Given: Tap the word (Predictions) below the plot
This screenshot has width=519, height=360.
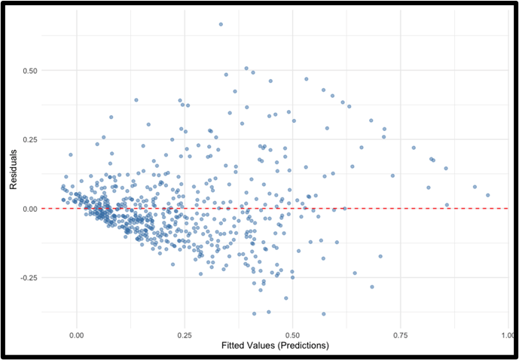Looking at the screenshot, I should pyautogui.click(x=304, y=346).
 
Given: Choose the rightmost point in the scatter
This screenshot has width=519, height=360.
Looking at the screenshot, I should pyautogui.click(x=487, y=195).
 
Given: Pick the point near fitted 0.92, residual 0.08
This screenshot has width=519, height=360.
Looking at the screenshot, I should pyautogui.click(x=475, y=187).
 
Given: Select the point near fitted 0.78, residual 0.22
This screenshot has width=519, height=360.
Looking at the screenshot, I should pyautogui.click(x=414, y=148).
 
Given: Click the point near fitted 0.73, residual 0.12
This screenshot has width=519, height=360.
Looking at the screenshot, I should pyautogui.click(x=392, y=175).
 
